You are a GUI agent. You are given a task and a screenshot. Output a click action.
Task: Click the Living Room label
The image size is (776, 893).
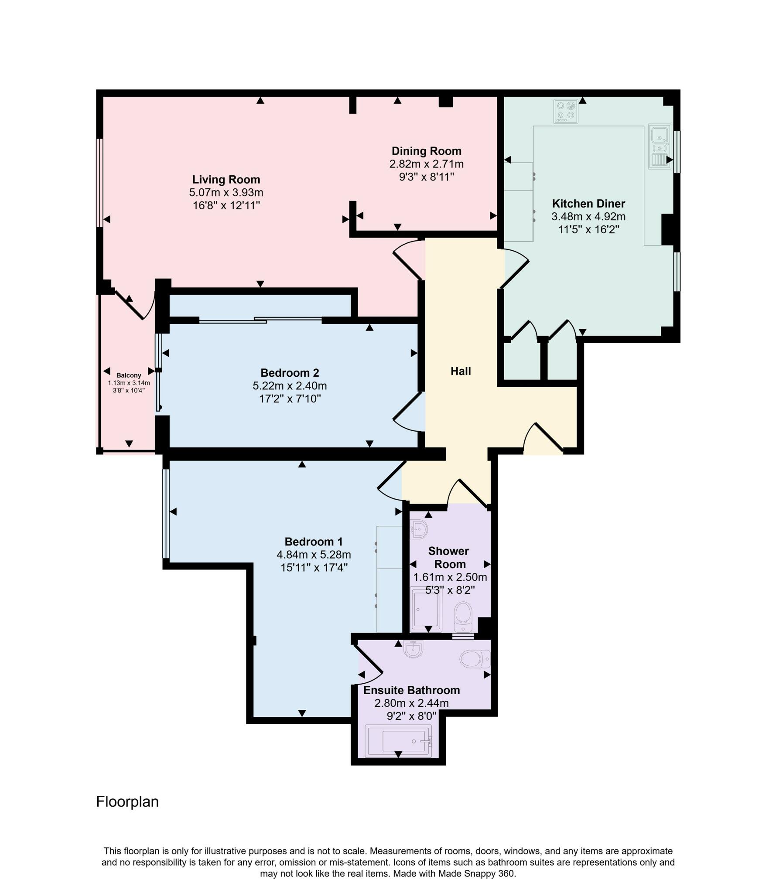click(226, 179)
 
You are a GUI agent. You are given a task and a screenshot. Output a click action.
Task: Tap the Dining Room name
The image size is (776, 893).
click(426, 151)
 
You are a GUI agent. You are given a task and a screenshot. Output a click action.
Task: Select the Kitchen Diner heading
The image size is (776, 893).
click(588, 204)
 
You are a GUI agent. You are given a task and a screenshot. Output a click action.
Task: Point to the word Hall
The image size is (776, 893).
click(461, 371)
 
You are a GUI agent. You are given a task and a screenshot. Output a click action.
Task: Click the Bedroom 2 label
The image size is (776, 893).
click(290, 373)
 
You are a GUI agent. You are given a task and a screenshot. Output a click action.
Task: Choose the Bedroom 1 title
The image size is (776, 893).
click(314, 542)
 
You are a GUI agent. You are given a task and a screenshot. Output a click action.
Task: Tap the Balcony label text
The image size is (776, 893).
click(129, 375)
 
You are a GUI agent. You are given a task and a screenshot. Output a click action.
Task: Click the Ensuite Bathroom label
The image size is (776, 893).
click(411, 690)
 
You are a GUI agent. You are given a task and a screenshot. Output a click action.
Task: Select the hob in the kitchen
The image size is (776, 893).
click(566, 111)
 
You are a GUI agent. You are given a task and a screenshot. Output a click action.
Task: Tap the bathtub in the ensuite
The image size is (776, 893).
click(398, 741)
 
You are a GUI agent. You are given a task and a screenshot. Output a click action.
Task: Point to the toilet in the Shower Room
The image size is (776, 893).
click(463, 617)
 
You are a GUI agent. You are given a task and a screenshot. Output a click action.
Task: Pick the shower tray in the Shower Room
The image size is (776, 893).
click(427, 611)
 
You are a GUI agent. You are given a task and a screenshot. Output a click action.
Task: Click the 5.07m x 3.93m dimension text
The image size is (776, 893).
click(226, 192)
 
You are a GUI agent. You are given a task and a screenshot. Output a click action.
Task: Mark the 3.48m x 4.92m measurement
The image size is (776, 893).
click(588, 217)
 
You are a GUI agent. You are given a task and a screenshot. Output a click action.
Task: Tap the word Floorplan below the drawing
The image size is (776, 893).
click(127, 801)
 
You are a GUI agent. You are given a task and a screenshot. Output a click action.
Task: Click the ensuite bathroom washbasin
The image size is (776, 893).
click(413, 649)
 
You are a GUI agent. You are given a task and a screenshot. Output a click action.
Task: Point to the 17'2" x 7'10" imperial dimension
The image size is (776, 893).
click(290, 399)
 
